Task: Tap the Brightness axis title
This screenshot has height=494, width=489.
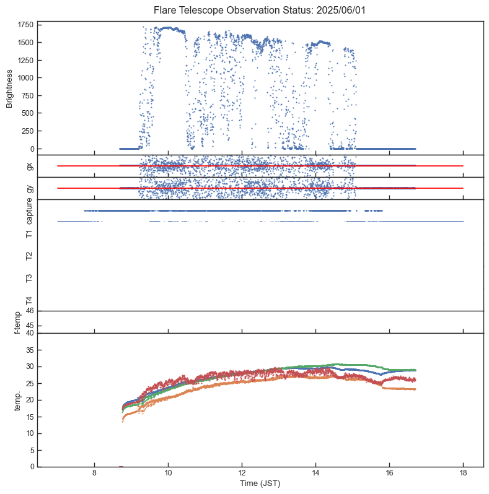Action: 10,89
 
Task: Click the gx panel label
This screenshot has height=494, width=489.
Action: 29,166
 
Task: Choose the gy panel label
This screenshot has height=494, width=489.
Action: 29,188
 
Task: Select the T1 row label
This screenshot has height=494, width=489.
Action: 29,233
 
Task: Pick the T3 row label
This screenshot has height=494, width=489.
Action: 29,278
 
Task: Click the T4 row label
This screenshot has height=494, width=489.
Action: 29,300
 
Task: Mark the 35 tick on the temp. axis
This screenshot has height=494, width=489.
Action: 29,350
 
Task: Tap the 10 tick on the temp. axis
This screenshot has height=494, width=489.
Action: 29,433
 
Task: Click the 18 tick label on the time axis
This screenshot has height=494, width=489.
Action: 463,474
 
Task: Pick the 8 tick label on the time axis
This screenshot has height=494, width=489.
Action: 94,474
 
